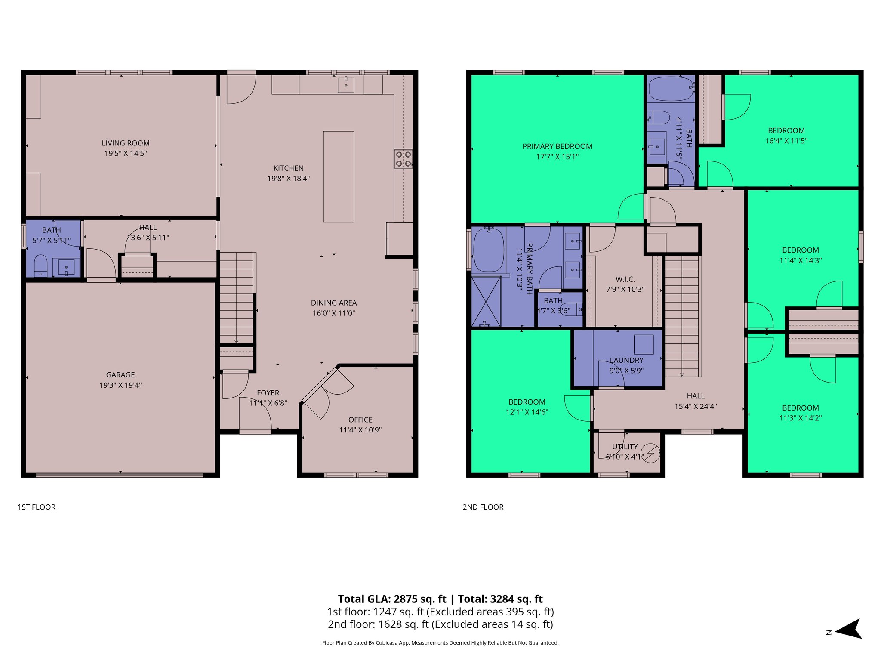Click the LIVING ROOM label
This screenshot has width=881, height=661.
coord(126,143)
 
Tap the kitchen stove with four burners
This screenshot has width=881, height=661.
coord(403,159)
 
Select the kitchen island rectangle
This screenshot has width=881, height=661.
coord(339,176)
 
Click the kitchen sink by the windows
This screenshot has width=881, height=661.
coord(346,85)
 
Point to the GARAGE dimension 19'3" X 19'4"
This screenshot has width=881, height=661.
coord(120,385)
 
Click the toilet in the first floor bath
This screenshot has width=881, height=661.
coord(40,265)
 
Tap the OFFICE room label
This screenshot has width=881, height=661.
coord(360,420)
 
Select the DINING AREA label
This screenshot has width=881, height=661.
coord(334,303)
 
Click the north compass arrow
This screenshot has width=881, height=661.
coord(848,630)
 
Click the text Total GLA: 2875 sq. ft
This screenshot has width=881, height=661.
coord(392,599)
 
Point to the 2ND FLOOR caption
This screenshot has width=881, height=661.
coord(483,507)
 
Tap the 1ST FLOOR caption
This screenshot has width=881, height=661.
coord(37,507)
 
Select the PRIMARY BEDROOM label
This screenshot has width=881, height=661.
coord(557,146)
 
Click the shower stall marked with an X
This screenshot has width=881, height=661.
coord(486,302)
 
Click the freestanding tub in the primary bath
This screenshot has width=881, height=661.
coord(489,250)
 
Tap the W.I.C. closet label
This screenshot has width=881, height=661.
coord(625,279)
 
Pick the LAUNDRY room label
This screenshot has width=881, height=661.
coord(626,360)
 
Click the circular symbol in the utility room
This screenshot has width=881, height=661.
coord(650,453)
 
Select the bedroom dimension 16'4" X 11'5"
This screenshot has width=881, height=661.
coord(786,141)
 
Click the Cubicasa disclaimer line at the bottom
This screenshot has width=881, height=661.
coord(440,643)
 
